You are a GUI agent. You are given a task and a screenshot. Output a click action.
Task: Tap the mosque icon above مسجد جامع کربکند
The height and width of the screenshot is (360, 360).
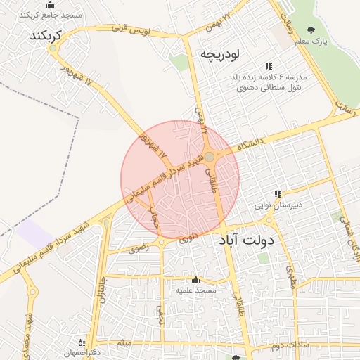49,5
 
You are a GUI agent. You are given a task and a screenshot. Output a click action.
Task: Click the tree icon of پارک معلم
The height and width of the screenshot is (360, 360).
311,30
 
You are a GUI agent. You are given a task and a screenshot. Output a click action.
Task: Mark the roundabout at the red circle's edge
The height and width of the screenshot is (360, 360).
210,156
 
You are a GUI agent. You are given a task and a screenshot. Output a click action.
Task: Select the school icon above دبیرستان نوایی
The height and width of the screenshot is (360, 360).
278,194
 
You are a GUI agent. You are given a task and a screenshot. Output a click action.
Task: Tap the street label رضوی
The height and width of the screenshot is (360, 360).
138,247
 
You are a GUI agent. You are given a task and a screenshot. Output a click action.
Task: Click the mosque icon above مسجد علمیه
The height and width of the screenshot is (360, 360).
195,279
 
